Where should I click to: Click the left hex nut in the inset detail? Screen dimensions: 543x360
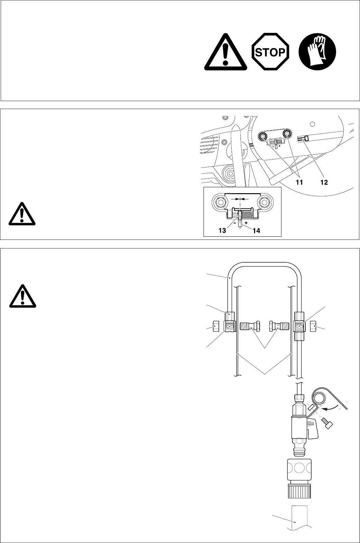pos(220,202)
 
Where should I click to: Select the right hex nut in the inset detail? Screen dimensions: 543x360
pos(265,202)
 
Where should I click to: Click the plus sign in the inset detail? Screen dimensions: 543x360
pos(246,223)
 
